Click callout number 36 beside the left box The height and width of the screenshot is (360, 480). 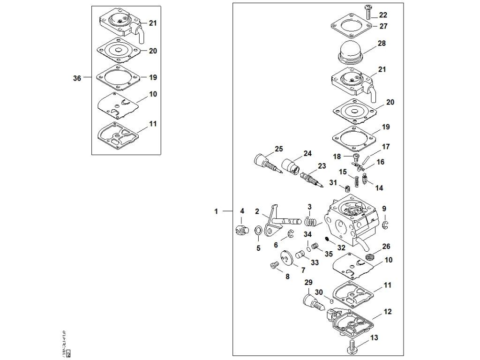coord(77,78)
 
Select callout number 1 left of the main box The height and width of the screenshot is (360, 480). coord(216,211)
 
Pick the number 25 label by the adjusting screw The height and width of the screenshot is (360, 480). coord(279,149)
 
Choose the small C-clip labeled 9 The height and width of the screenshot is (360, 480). coord(385,225)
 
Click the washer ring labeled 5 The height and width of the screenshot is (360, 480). coord(258,232)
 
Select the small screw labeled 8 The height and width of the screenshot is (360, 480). coord(274,266)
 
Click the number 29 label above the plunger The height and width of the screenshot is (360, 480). coord(308,283)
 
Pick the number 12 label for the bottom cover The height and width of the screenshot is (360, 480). coord(388,311)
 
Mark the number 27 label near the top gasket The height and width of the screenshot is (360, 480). coord(383,26)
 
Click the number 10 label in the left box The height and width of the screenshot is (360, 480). coord(153,94)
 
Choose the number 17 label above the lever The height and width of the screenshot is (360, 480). coord(386,147)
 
